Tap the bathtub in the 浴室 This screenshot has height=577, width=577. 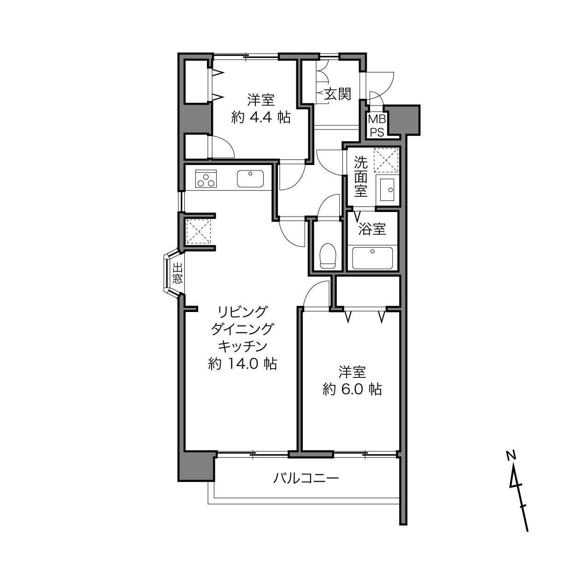pos(372,258)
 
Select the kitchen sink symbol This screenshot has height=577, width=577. pos(250,179)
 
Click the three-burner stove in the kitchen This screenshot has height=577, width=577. pos(206,179)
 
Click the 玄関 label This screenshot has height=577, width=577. pos(338,94)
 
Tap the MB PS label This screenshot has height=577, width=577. pos(377,126)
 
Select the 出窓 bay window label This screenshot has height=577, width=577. pos(177,273)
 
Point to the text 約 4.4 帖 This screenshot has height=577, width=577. pos(261,118)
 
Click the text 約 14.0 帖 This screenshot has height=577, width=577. pos(242,364)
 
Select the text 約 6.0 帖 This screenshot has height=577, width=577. pos(352,389)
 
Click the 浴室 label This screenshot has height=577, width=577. pos(372,229)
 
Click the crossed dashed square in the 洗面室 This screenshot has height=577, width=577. pos(386,160)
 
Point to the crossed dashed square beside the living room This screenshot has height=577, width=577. pos(198,231)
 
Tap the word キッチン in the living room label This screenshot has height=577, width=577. pos(242,347)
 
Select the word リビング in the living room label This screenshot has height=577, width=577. pos(242,312)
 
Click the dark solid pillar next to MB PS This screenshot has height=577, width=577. pos(404,120)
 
